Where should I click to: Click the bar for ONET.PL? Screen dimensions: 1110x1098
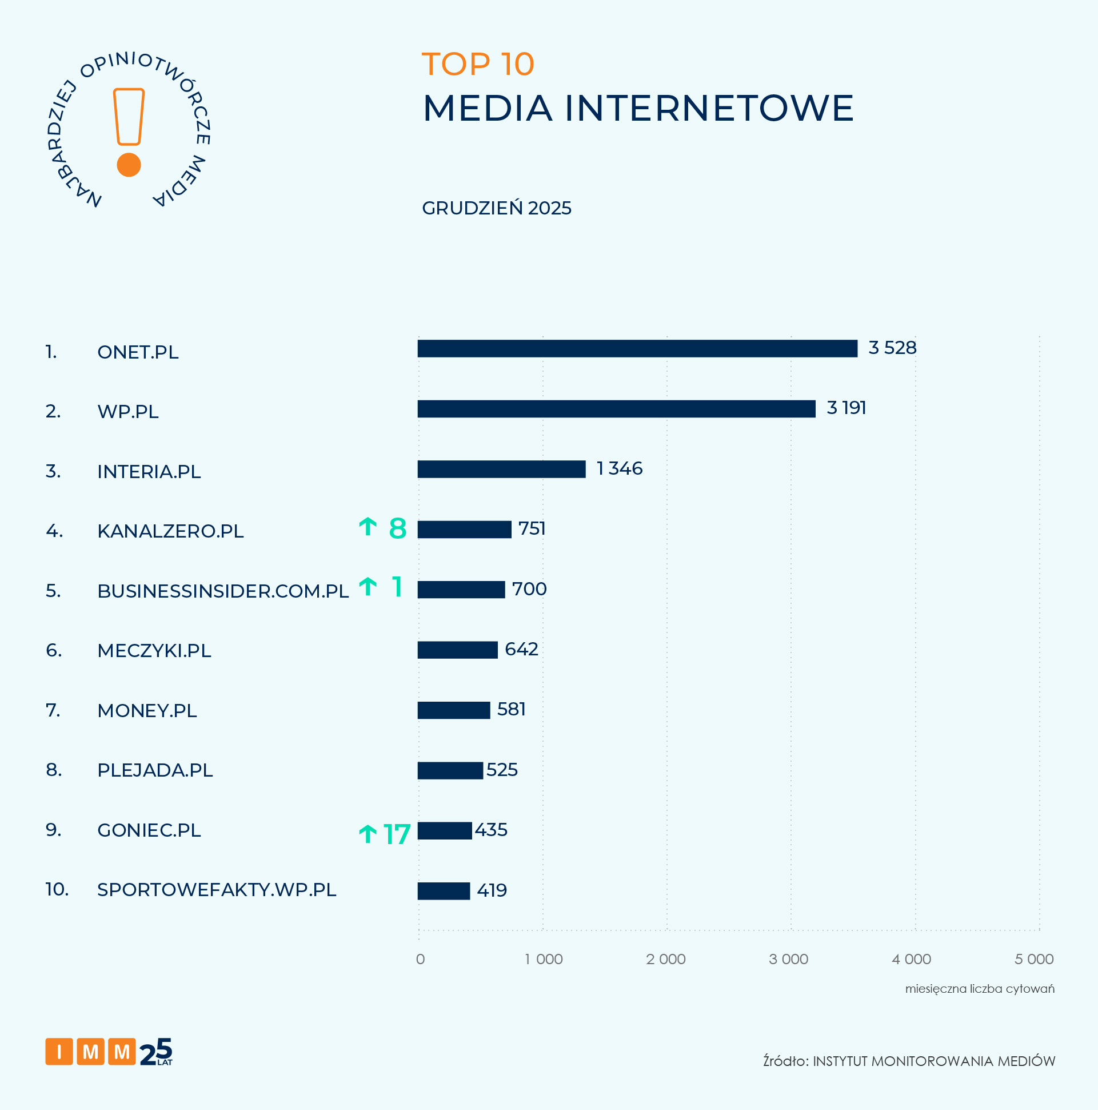click(x=637, y=349)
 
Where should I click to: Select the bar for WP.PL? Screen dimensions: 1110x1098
click(x=616, y=409)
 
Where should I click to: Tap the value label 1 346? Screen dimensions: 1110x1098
click(x=619, y=469)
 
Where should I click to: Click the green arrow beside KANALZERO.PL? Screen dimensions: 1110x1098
click(x=368, y=527)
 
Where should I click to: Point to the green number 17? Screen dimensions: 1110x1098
click(x=397, y=835)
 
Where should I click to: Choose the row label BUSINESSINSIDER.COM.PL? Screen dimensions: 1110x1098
click(x=223, y=591)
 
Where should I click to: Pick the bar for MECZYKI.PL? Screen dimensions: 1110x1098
click(x=457, y=650)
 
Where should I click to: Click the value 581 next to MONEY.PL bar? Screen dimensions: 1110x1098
click(x=511, y=710)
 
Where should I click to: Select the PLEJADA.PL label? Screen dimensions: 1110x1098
click(x=155, y=770)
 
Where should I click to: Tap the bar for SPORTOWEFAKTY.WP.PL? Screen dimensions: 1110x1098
click(x=444, y=891)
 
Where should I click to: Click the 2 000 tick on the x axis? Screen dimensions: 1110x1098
click(x=665, y=959)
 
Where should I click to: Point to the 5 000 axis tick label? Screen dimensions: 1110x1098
click(x=1033, y=959)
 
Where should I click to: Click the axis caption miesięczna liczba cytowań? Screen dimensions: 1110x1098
click(x=979, y=989)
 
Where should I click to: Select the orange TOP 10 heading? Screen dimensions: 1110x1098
click(x=478, y=64)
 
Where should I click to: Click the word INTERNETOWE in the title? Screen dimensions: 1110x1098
click(x=709, y=108)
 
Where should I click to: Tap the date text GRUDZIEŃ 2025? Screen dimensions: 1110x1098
click(x=496, y=208)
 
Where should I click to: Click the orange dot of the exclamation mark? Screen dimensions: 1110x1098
click(x=129, y=165)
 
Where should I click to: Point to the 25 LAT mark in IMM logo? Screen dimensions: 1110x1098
click(x=156, y=1052)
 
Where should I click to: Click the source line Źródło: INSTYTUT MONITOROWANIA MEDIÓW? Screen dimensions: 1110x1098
click(x=908, y=1061)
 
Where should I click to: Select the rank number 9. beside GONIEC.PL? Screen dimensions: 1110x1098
click(x=53, y=830)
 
